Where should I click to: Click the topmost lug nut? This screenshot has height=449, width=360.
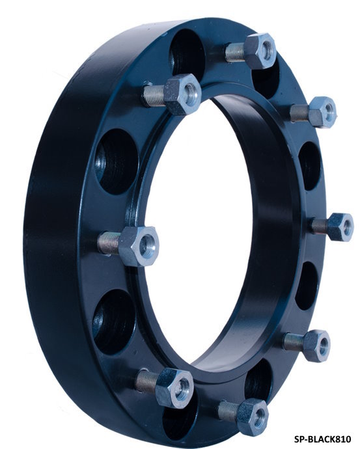pyautogui.click(x=260, y=51)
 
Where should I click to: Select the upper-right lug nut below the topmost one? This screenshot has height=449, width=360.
pyautogui.click(x=322, y=112)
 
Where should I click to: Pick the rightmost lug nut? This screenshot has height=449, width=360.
pyautogui.click(x=340, y=227)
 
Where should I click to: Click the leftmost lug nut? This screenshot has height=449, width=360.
pyautogui.click(x=139, y=246)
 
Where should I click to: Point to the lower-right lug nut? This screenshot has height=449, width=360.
pyautogui.click(x=316, y=346)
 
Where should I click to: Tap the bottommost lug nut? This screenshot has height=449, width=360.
pyautogui.click(x=253, y=417)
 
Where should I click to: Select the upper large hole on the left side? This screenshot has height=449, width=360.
pyautogui.click(x=117, y=161)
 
